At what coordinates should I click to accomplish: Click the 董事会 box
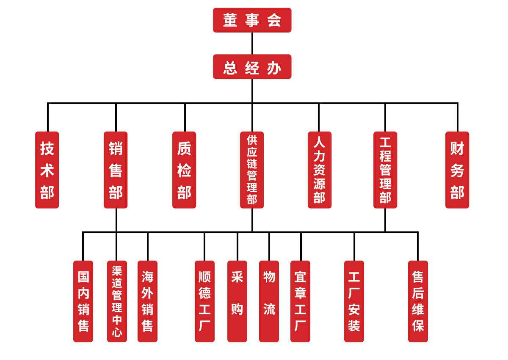(252, 20)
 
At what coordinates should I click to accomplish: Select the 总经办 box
(252, 67)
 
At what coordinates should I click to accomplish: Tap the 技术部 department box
(47, 170)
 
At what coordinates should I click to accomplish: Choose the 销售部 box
(116, 170)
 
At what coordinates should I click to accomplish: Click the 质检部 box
(184, 170)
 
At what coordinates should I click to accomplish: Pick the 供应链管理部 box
(252, 170)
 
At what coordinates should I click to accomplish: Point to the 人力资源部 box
(319, 170)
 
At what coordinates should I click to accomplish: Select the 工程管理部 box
(385, 170)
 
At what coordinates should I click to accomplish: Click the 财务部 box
(457, 170)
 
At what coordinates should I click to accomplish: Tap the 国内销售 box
(83, 301)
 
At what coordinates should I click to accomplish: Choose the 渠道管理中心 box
(117, 301)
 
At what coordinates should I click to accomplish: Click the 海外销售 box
(147, 301)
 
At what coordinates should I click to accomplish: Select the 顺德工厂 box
(204, 301)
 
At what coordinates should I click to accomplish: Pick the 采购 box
(237, 301)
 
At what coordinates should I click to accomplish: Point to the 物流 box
(269, 301)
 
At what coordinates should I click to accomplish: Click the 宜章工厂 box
(300, 301)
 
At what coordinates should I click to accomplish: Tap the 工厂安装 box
(354, 301)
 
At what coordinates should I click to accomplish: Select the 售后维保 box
(418, 301)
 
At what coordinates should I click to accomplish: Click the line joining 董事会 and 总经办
(252, 43)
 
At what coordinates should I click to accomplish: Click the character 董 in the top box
(230, 20)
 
